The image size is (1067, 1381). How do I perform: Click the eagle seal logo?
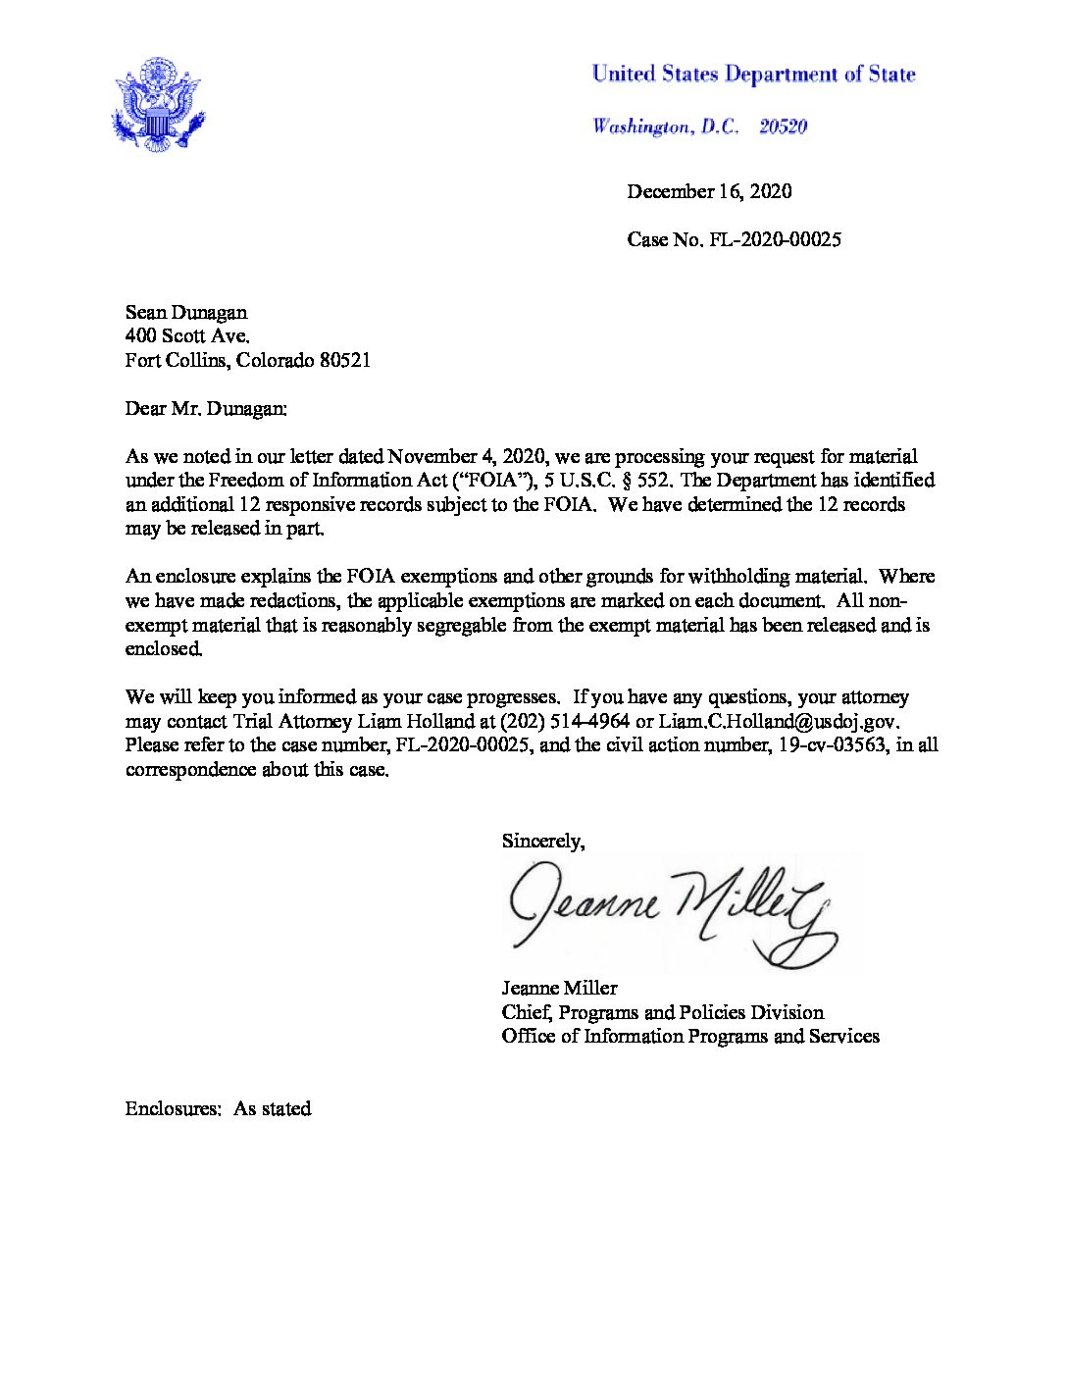point(157,105)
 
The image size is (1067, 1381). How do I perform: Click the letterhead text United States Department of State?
point(753,75)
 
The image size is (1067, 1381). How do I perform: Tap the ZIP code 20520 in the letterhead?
point(783,127)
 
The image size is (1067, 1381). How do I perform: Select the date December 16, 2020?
point(709,191)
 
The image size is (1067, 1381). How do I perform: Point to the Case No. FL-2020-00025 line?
point(734,239)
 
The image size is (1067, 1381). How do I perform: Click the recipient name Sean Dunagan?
point(186,312)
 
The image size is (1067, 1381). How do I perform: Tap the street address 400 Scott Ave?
point(187,336)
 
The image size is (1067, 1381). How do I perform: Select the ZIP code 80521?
point(344,360)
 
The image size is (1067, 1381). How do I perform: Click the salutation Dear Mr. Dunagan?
point(206,408)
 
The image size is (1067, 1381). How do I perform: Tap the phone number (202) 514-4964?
point(565,721)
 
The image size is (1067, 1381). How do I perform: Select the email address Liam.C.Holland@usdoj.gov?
point(778,721)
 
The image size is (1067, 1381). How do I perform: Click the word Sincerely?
point(542,841)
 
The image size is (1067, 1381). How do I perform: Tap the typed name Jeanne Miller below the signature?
point(559,988)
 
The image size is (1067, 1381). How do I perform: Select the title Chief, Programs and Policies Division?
point(662,1012)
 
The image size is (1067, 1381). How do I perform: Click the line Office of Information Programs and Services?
point(690,1036)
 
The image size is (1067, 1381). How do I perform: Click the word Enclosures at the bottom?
point(173,1108)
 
